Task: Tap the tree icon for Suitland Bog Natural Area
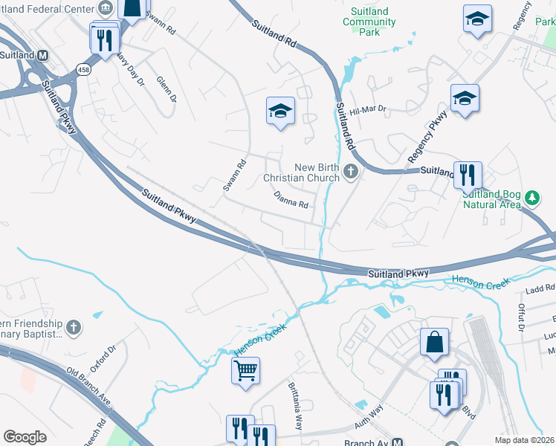coord(531,198)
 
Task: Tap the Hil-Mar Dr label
coord(369,109)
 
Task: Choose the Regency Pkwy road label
coord(427,137)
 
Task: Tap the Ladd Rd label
coord(540,288)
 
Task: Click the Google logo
coord(25,437)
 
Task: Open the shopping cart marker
coord(245,370)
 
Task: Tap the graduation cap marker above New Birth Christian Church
coord(280,112)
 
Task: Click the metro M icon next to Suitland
coord(43,55)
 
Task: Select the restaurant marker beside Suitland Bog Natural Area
coord(468,176)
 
